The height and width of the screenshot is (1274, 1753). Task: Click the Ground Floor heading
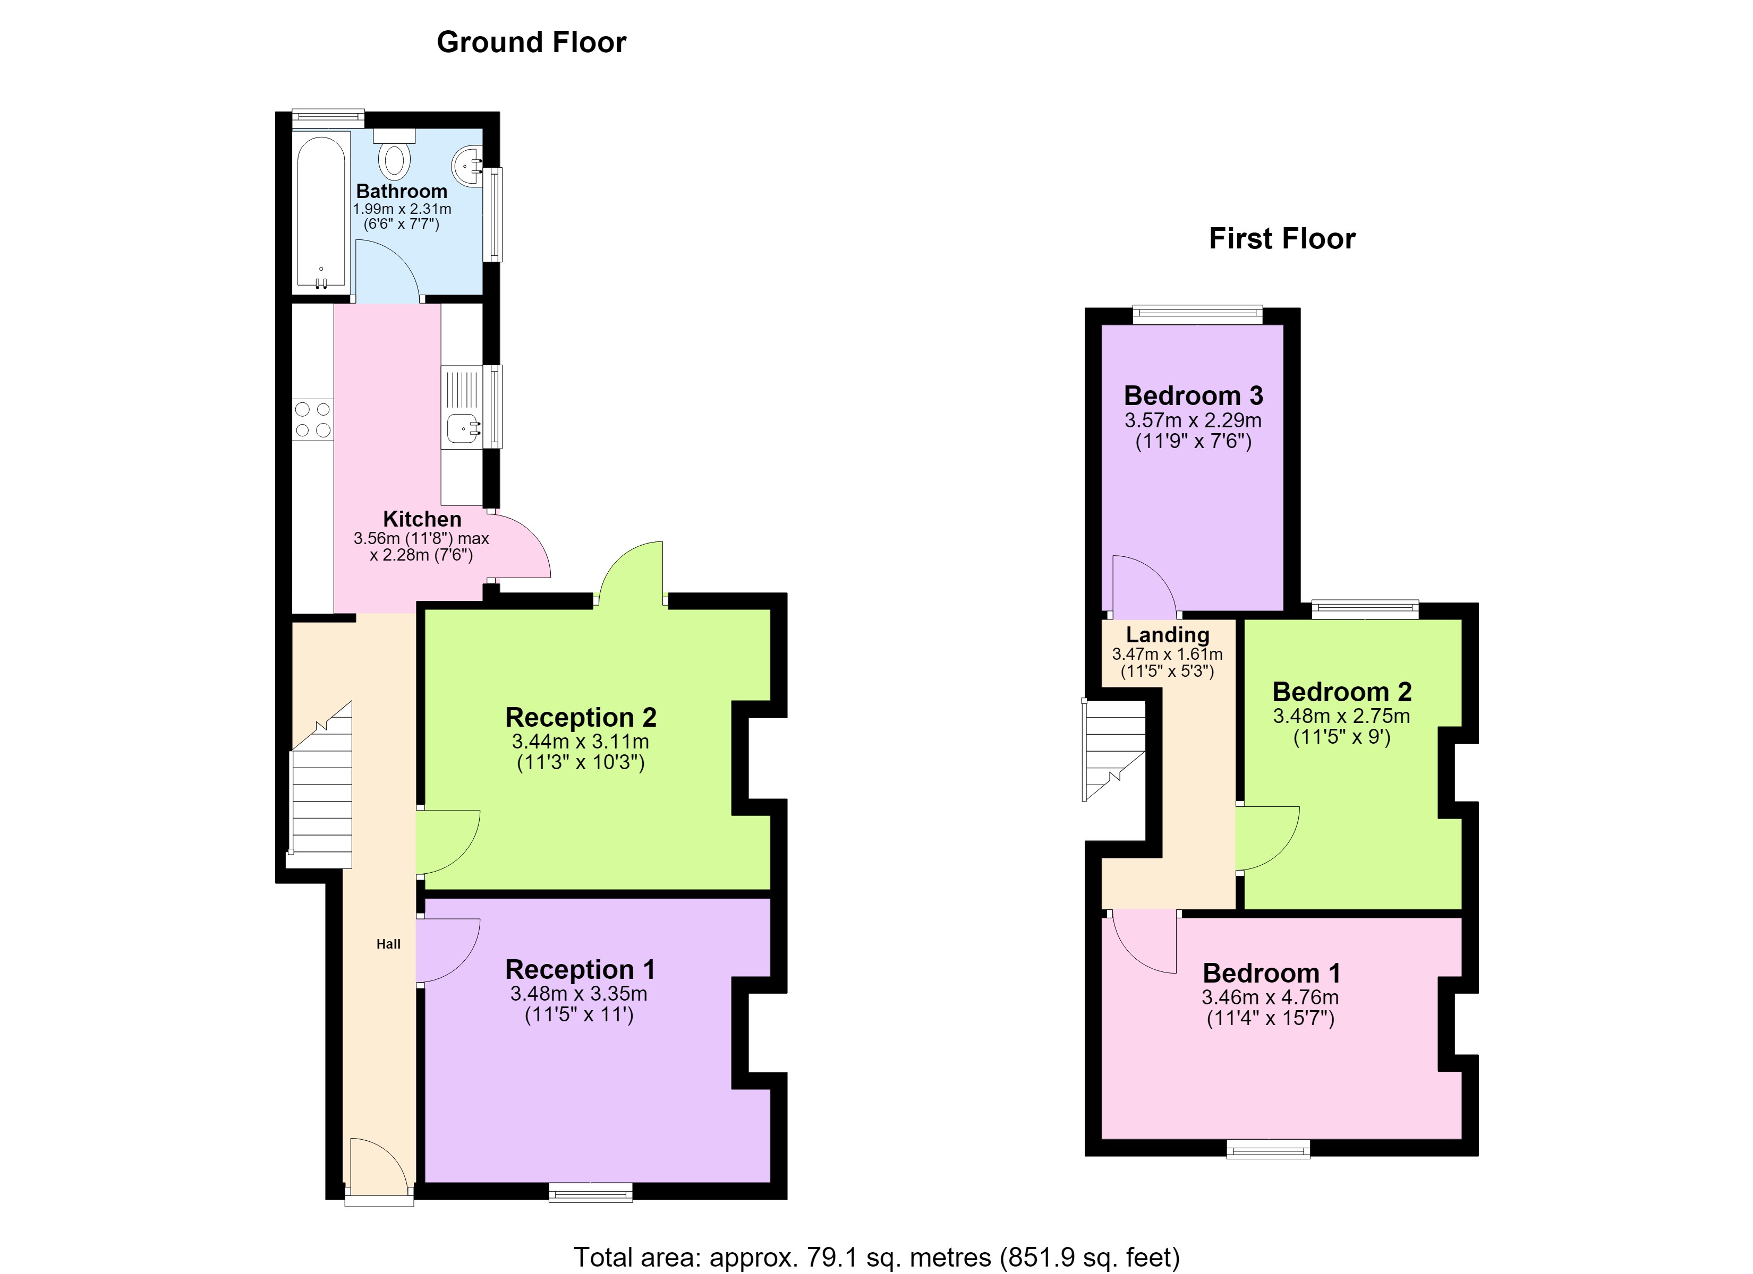coord(531,42)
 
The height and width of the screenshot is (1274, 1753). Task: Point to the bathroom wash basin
coord(467,165)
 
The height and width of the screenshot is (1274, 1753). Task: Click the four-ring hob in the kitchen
coord(313,419)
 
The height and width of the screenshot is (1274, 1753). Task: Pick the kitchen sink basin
coord(462,427)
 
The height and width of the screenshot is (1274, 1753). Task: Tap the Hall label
coord(388,943)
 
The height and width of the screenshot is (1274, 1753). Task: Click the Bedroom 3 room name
coord(1194,395)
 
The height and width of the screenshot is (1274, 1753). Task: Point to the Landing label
coord(1167,635)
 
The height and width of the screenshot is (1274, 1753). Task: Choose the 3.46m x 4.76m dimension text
coord(1270,997)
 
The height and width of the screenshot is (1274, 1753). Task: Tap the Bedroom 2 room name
coord(1342,692)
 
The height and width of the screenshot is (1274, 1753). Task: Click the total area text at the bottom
coord(876,1257)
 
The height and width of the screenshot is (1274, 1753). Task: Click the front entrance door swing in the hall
coord(379,1167)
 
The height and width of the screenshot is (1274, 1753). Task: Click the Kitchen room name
coord(422,519)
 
